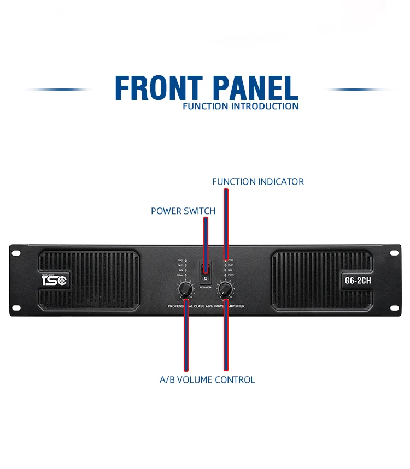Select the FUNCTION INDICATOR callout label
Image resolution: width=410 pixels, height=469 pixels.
point(258,181)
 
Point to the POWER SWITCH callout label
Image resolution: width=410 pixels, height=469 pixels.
point(183,211)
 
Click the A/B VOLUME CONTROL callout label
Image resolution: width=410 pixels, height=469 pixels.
point(207,379)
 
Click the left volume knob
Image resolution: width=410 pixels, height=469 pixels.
point(185,289)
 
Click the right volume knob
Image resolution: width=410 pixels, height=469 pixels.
point(225,289)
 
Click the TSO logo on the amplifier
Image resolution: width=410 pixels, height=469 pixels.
point(54,281)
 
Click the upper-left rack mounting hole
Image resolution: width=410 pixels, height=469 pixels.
point(15,252)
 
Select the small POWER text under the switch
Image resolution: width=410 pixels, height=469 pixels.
point(206,287)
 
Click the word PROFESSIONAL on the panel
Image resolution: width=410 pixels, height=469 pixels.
point(179,307)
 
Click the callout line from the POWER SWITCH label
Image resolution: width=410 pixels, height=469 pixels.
point(206,240)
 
